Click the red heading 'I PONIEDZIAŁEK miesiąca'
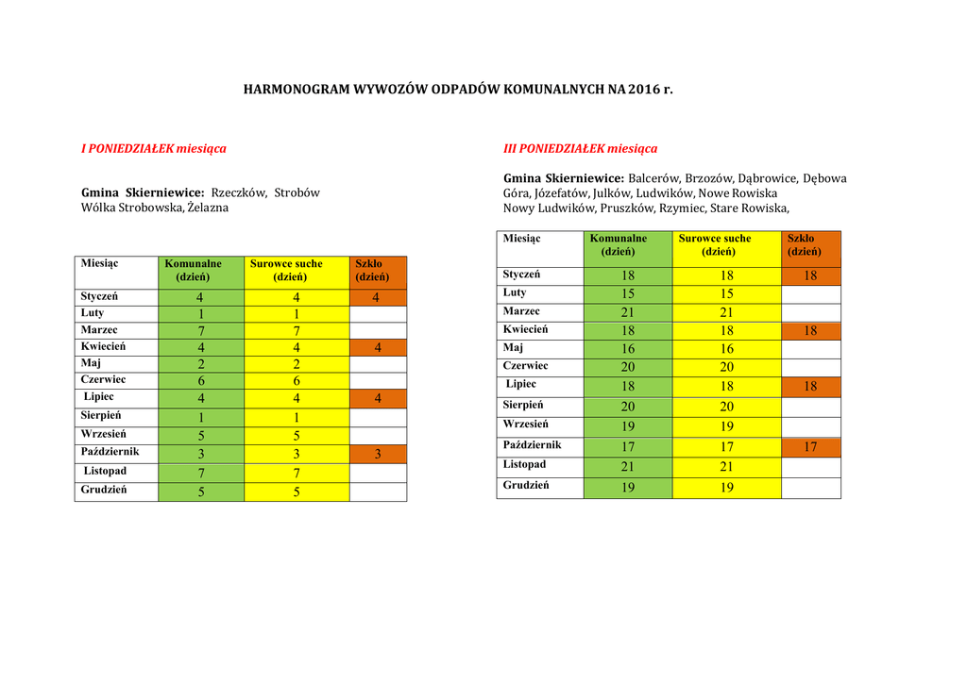[x=153, y=148]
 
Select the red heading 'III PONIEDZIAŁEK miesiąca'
[x=580, y=148]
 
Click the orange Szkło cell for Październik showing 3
[x=378, y=455]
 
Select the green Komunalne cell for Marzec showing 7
[x=201, y=331]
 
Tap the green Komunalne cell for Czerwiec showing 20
[x=628, y=367]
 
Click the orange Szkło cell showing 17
[x=810, y=447]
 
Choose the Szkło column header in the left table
[x=371, y=271]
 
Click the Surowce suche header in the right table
[x=715, y=245]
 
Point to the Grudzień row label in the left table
[x=104, y=491]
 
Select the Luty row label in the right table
[x=516, y=293]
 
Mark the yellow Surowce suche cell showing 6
[x=296, y=381]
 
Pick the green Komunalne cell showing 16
[x=628, y=349]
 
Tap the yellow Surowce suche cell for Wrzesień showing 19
[x=726, y=426]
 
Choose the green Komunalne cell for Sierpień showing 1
[x=201, y=418]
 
